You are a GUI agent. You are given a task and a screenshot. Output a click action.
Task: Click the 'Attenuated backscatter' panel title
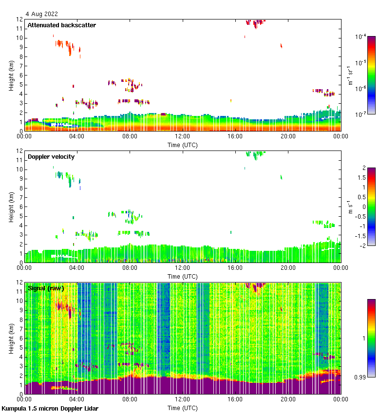[x=61, y=25]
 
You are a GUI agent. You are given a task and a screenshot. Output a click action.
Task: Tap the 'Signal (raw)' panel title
[x=46, y=288]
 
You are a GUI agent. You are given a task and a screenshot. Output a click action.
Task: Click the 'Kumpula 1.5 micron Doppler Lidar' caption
[x=50, y=408]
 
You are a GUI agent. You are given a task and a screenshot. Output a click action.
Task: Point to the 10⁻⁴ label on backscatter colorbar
[x=361, y=37]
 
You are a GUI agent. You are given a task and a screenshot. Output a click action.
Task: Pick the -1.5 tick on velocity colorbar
[x=361, y=236]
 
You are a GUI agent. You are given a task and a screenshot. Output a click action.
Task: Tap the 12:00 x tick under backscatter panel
[x=183, y=136]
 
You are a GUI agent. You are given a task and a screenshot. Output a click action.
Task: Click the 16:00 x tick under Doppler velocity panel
[x=235, y=268]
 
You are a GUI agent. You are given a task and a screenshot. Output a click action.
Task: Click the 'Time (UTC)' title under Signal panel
[x=183, y=407]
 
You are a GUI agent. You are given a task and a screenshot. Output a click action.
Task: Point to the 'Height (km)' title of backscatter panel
[x=11, y=75]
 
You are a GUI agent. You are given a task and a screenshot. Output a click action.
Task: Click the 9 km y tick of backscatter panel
[x=21, y=47]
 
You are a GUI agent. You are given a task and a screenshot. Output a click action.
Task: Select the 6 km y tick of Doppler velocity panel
[x=21, y=207]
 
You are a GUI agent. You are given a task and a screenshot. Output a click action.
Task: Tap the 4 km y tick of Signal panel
[x=21, y=357]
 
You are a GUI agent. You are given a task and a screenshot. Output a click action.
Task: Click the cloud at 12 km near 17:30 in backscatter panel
[x=255, y=22]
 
